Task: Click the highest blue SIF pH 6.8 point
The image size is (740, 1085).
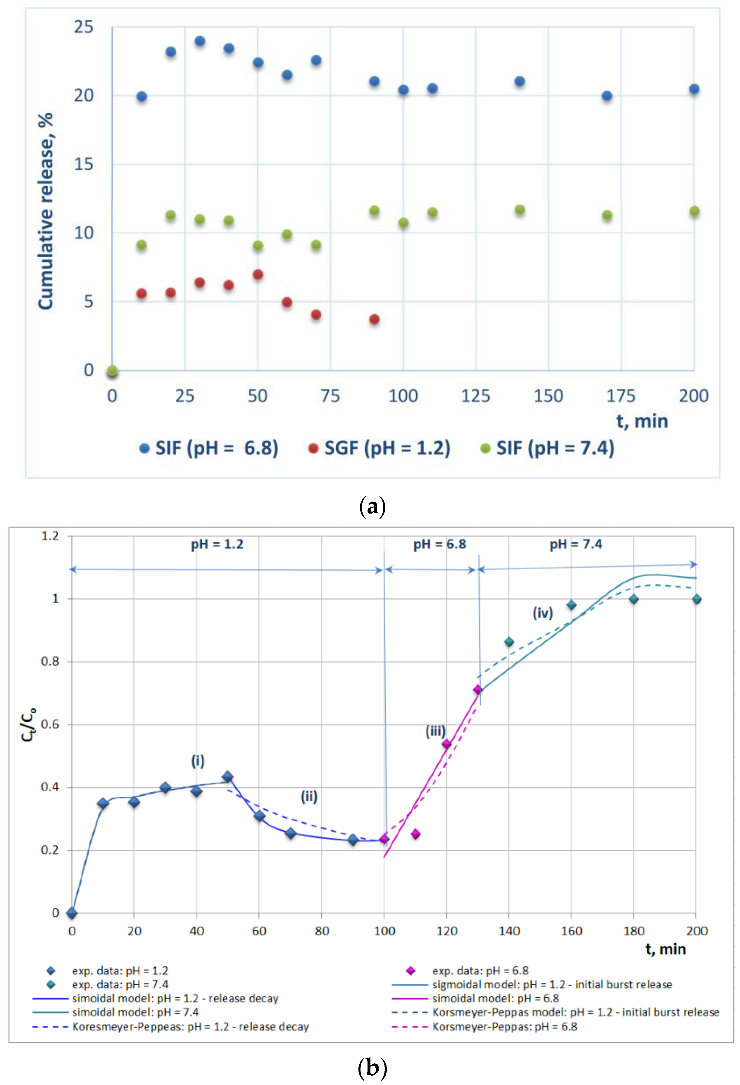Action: pos(199,41)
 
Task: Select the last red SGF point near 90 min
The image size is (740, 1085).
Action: pos(374,319)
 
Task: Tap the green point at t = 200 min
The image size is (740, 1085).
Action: pos(694,211)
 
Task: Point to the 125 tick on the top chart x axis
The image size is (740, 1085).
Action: pos(476,396)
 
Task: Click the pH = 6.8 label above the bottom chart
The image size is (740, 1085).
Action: pos(440,544)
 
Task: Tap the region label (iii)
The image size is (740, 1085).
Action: pos(435,731)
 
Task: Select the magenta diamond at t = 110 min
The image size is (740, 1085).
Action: pos(415,834)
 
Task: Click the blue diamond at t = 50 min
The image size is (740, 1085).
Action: pos(227,777)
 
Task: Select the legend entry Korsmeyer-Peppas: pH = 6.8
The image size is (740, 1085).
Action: pos(504,1027)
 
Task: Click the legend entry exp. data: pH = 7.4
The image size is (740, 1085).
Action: pos(120,985)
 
